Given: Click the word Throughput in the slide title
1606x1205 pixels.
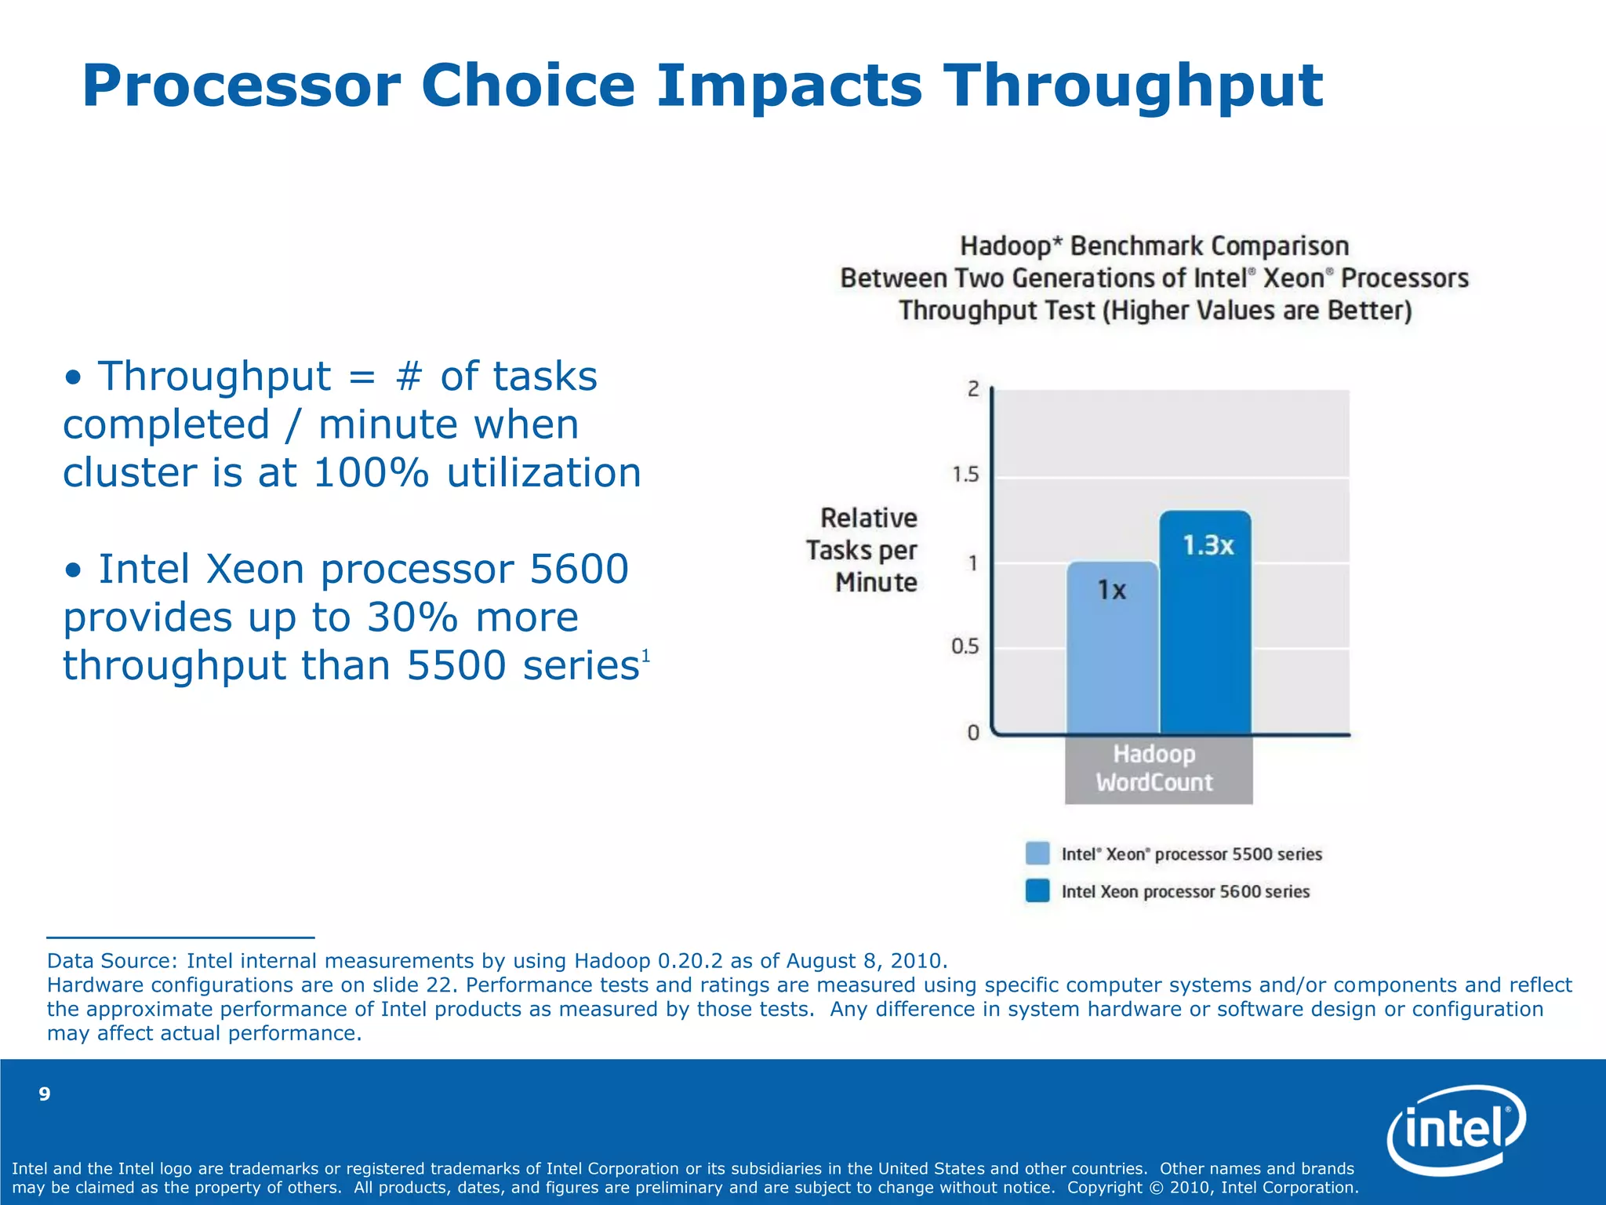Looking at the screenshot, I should tap(1132, 86).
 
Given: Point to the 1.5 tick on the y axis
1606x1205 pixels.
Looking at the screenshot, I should tap(965, 475).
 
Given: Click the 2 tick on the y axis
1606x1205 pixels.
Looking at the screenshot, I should tap(973, 389).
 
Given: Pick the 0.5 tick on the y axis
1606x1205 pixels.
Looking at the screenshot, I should tap(965, 647).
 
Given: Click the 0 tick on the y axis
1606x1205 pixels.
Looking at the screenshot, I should tap(973, 733).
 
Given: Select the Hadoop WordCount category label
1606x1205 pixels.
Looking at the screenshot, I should tap(1155, 768).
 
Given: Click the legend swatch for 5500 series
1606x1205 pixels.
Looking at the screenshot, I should tap(1037, 854).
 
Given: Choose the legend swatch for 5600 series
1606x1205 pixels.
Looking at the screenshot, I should tap(1037, 891).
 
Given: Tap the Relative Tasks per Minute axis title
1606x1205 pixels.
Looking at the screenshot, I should tap(863, 550).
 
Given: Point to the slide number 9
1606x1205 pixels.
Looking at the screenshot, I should tap(45, 1094).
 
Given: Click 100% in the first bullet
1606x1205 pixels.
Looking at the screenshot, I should tap(371, 473).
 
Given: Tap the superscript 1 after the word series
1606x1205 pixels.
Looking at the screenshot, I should tap(646, 655).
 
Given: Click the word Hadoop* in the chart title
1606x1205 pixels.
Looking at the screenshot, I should tap(1011, 246).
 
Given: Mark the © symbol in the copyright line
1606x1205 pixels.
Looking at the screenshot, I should tap(1156, 1188).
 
